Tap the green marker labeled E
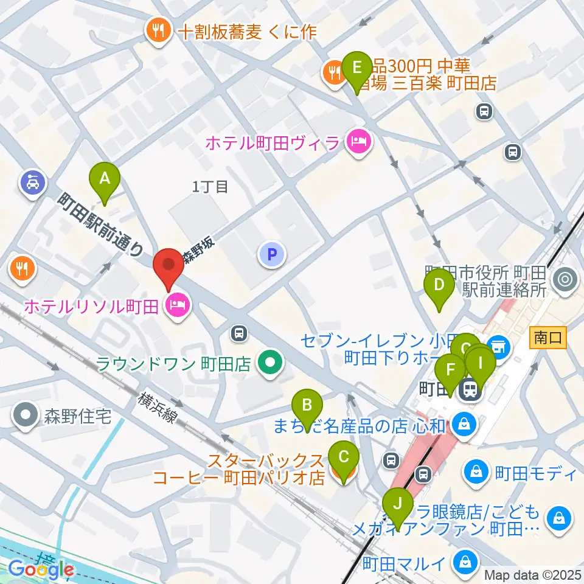pyautogui.click(x=357, y=67)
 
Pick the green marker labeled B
pyautogui.click(x=307, y=406)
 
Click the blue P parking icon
pyautogui.click(x=272, y=254)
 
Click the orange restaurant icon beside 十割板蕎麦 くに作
pyautogui.click(x=158, y=31)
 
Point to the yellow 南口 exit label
pyautogui.click(x=548, y=337)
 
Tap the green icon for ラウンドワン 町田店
pyautogui.click(x=268, y=364)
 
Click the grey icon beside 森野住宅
pyautogui.click(x=25, y=417)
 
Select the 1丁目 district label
pyautogui.click(x=210, y=187)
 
